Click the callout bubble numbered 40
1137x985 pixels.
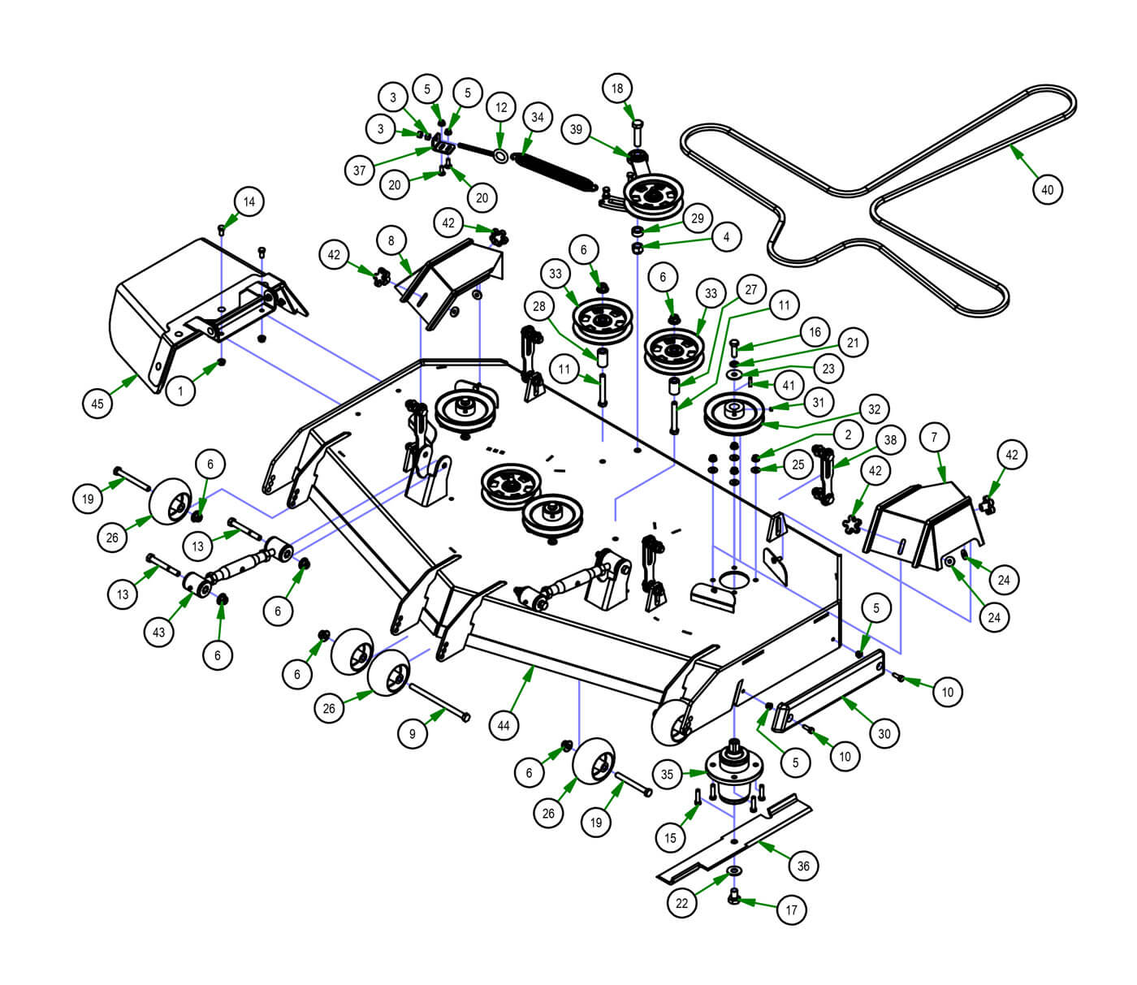tap(1047, 190)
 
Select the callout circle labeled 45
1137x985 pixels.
tap(97, 404)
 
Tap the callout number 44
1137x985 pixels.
tap(504, 725)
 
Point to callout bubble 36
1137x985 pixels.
tap(803, 866)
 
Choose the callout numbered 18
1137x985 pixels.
tap(617, 89)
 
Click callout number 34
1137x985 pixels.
tap(537, 117)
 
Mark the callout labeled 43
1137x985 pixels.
tap(158, 632)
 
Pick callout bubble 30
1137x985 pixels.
tap(884, 733)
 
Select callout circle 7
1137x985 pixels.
tap(934, 438)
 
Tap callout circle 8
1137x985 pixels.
tap(391, 241)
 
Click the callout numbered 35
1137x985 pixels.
tap(667, 774)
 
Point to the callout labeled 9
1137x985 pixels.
tap(413, 733)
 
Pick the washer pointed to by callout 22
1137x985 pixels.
tap(734, 871)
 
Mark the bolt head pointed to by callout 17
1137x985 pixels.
tap(735, 896)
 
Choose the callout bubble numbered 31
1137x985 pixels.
tap(818, 403)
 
